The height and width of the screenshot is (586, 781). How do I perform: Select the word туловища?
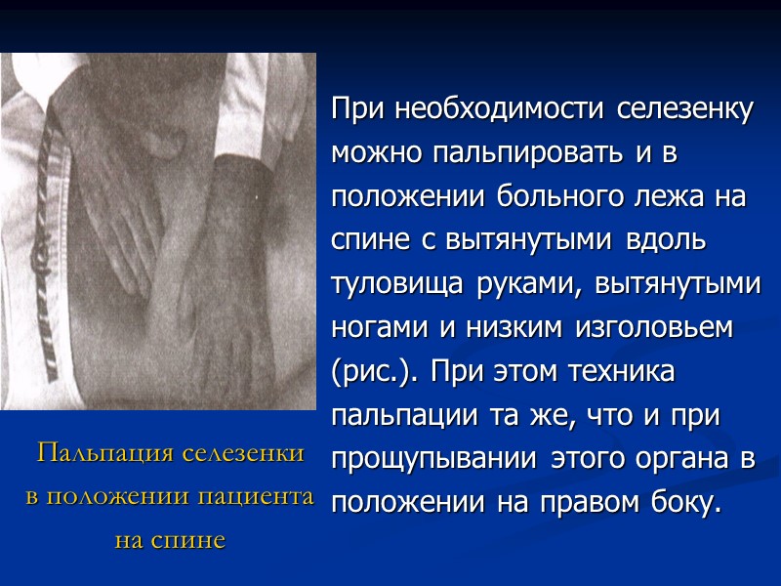point(399,284)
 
